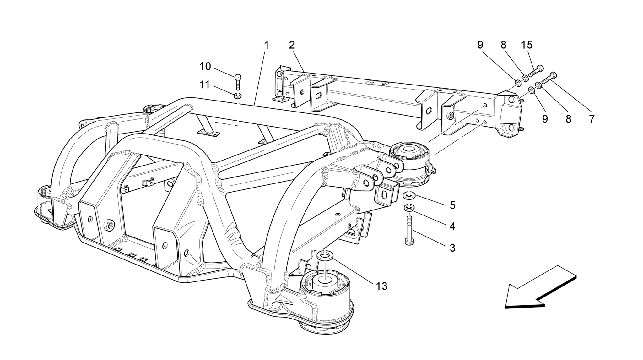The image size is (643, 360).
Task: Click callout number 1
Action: coord(266,46)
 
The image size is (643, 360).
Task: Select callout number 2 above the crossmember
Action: coord(292,45)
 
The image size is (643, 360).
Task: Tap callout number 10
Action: coord(205,66)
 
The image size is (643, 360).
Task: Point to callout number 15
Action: coord(527,45)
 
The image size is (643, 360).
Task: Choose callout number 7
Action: coord(592,119)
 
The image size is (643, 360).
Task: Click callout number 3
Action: coord(452,248)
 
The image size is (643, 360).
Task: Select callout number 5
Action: coord(452,205)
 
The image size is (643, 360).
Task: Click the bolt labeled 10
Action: coord(238,81)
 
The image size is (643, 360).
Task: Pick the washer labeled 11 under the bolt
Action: coord(238,95)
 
